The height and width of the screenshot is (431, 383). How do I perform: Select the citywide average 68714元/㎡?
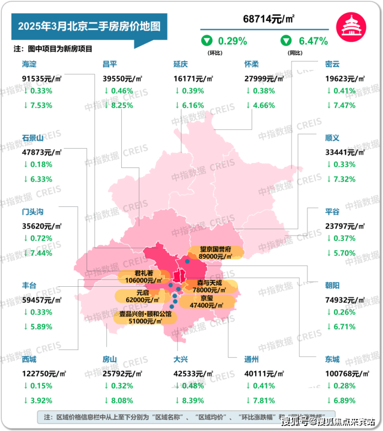(x=268, y=19)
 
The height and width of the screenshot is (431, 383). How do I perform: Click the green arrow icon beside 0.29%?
(x=207, y=41)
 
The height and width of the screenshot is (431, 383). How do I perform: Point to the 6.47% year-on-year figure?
(x=313, y=41)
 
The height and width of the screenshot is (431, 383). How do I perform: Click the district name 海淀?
(x=30, y=64)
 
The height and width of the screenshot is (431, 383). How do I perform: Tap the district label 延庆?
(x=181, y=64)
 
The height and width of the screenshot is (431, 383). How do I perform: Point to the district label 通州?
(x=252, y=359)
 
